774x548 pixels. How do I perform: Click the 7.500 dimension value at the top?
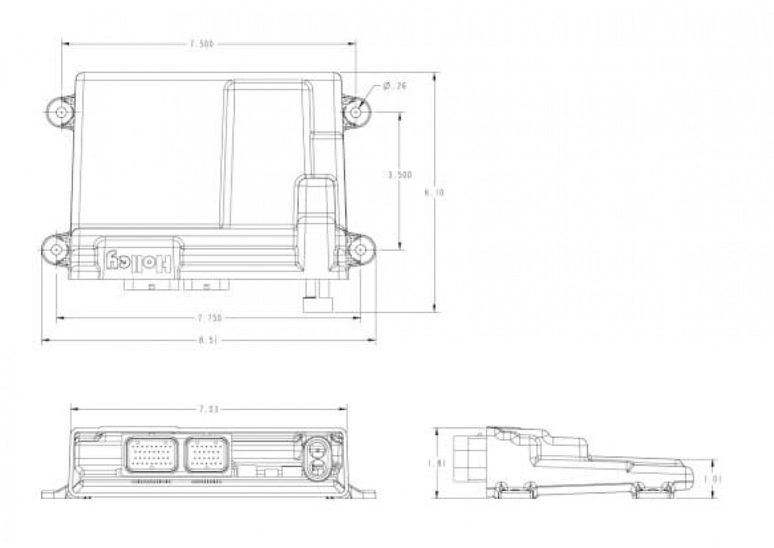202,44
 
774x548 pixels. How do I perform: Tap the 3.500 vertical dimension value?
400,175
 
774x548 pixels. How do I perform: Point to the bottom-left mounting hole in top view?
57,250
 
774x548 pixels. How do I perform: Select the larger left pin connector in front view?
152,454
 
